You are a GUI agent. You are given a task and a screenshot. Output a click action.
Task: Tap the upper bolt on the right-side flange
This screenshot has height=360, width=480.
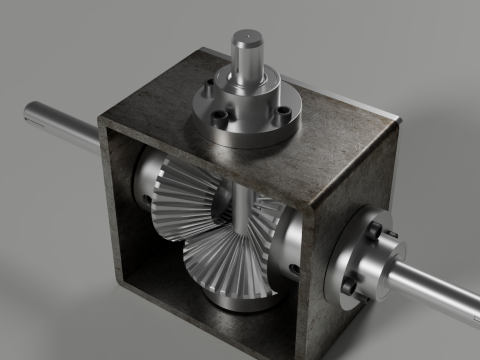(x=371, y=231)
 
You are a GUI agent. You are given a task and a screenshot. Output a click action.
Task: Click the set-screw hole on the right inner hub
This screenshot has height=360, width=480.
(x=292, y=267)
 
